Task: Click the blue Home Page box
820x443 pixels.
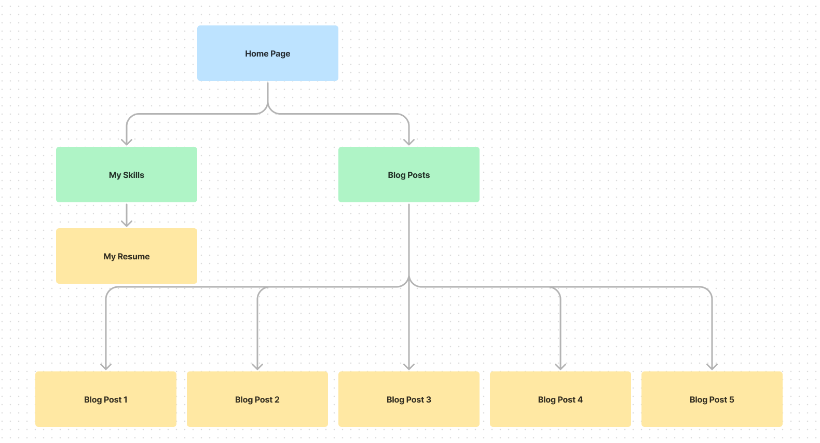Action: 267,53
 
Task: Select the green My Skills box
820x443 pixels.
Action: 126,175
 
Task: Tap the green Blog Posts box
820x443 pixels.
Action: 408,175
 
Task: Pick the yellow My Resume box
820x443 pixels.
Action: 126,256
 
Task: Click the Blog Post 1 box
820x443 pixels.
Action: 105,399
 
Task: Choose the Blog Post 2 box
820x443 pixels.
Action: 257,399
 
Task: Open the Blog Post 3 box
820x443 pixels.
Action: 408,399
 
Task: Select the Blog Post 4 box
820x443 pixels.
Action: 560,399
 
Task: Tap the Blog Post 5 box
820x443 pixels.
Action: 712,399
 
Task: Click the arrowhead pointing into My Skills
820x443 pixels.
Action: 127,142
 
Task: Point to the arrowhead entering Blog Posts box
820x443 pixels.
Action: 409,142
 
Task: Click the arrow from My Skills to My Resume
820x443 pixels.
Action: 127,215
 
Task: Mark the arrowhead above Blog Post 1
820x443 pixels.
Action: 106,366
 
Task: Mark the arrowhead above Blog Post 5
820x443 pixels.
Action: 712,366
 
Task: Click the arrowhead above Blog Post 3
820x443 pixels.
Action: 409,366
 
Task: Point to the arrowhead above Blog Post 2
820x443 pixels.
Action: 257,366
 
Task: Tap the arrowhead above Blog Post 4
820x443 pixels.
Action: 561,366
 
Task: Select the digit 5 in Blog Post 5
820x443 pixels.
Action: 732,399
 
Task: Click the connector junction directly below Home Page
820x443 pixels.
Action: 268,107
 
